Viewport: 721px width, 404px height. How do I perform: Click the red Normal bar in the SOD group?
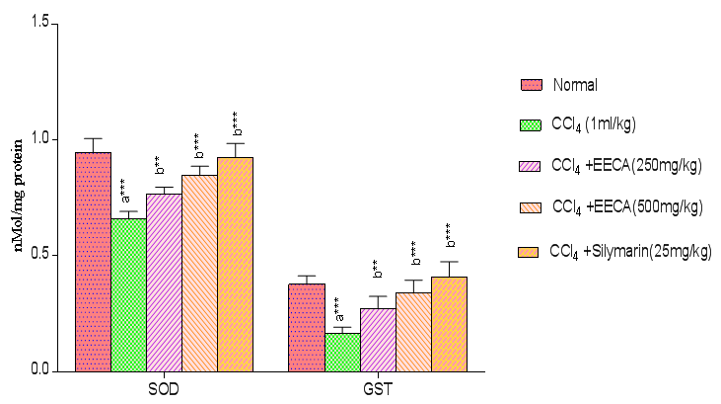93,262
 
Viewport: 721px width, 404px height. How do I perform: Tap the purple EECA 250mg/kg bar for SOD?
164,283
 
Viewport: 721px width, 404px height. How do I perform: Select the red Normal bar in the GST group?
306,327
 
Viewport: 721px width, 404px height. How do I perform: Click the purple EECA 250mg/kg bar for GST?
377,340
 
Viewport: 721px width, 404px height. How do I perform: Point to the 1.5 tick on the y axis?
38,24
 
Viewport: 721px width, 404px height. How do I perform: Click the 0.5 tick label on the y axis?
38,256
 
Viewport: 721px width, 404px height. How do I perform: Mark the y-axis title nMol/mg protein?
17,197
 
